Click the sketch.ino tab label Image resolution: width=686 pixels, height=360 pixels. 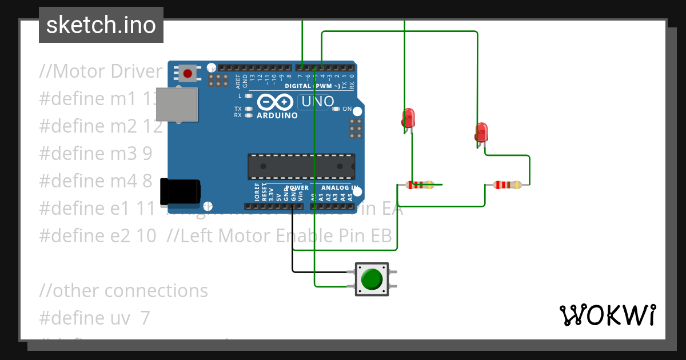tap(101, 25)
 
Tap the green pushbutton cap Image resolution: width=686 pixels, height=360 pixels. tap(372, 279)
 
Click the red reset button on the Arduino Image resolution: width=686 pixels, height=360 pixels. tap(188, 73)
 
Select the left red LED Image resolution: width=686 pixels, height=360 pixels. tap(408, 118)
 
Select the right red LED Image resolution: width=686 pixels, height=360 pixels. tap(481, 132)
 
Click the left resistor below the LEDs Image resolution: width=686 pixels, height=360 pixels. tap(420, 185)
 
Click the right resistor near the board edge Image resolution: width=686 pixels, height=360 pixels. tap(507, 185)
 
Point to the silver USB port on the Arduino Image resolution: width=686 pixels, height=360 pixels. tap(177, 105)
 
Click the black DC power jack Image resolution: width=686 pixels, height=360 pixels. tap(180, 191)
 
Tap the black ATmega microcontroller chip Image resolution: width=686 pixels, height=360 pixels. tap(301, 166)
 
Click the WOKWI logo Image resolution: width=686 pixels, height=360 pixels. tap(607, 315)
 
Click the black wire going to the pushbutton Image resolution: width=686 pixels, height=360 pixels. tap(293, 246)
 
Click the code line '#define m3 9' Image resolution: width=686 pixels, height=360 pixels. tap(95, 153)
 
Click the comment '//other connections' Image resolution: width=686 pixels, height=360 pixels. tap(123, 290)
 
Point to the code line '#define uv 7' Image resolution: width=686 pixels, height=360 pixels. tap(94, 318)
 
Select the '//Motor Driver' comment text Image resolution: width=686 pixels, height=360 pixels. tap(101, 71)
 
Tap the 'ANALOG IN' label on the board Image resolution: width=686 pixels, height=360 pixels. tap(340, 187)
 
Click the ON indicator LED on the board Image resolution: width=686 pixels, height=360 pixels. tap(336, 109)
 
